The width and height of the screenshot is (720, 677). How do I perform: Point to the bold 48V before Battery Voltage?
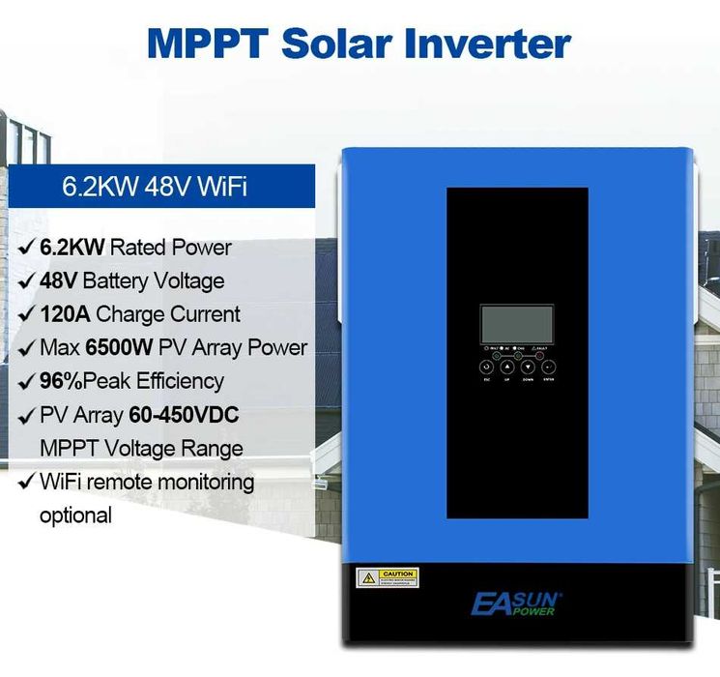click(x=59, y=281)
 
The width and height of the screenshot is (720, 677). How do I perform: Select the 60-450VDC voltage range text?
click(x=185, y=416)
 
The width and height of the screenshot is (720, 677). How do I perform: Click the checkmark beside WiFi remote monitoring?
click(x=25, y=482)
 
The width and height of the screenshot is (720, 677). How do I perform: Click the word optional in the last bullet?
click(x=75, y=515)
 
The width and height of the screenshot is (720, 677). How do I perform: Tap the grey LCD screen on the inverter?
click(x=516, y=324)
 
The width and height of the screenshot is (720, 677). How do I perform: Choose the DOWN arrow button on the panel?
click(x=527, y=368)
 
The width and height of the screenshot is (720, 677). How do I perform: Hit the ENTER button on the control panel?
click(x=549, y=368)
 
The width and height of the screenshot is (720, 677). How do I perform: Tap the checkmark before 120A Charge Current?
click(x=25, y=314)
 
